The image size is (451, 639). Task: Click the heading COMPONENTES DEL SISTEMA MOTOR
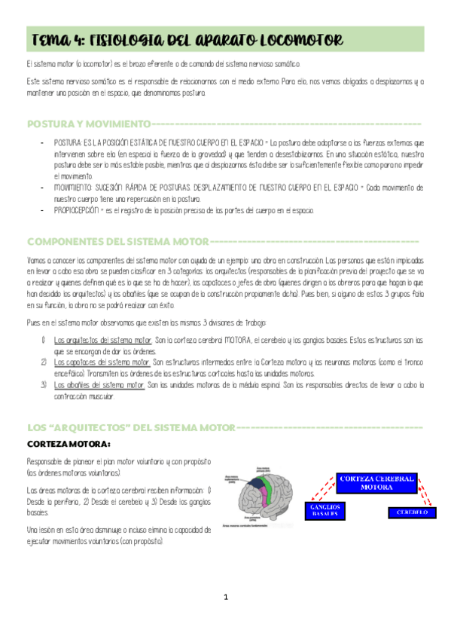pyautogui.click(x=117, y=241)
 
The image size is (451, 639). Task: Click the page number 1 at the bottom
pyautogui.click(x=225, y=598)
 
